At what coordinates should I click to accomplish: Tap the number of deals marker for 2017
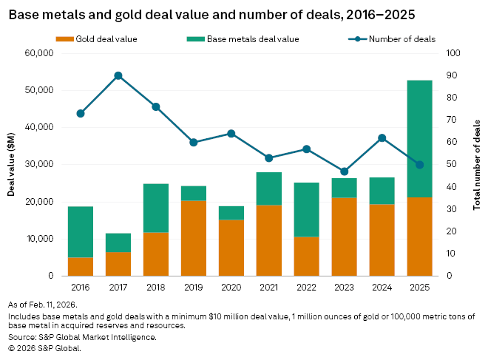pos(118,75)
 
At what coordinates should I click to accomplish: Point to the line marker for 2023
pos(345,171)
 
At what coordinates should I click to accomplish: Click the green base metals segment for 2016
pos(81,232)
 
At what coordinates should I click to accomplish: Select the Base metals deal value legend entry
pos(237,39)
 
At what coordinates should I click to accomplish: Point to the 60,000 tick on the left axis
pos(38,53)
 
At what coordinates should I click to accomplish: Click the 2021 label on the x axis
pos(269,285)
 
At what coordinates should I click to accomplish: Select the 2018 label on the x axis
pos(156,285)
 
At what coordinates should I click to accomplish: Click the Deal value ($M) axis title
pos(12,164)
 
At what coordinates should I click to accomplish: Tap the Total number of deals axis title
pos(477,164)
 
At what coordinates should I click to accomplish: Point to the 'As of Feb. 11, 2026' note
pos(42,304)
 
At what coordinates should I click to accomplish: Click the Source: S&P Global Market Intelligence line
pos(82,337)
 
